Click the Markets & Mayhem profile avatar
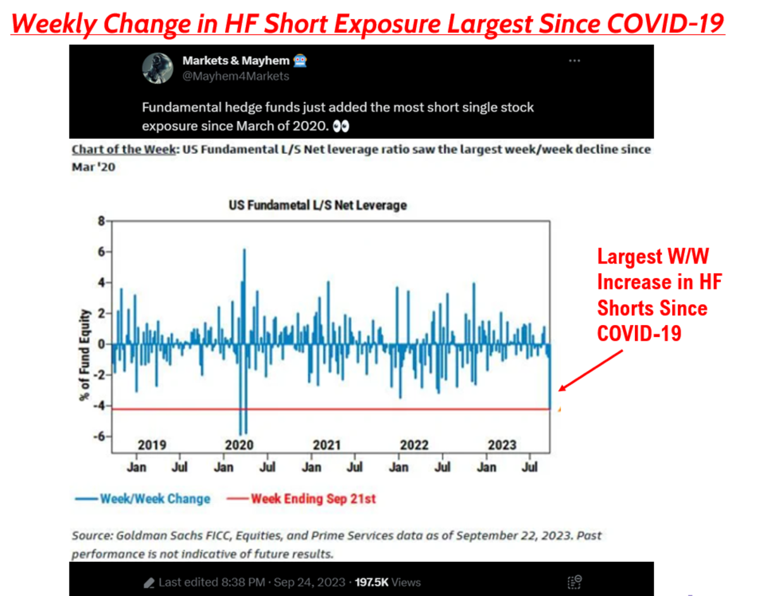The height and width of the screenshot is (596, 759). pyautogui.click(x=157, y=68)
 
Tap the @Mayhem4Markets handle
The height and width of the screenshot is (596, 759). pyautogui.click(x=235, y=77)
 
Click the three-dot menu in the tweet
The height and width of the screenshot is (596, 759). pyautogui.click(x=574, y=61)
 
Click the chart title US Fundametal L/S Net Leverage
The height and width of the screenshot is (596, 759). pyautogui.click(x=318, y=205)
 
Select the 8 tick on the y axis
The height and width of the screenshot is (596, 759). pyautogui.click(x=100, y=221)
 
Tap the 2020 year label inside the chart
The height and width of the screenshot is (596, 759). pyautogui.click(x=239, y=445)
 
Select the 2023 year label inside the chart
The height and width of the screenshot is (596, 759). pyautogui.click(x=502, y=445)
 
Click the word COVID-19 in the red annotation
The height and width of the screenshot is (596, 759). pyautogui.click(x=639, y=333)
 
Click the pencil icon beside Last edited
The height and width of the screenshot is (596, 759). pyautogui.click(x=149, y=583)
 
